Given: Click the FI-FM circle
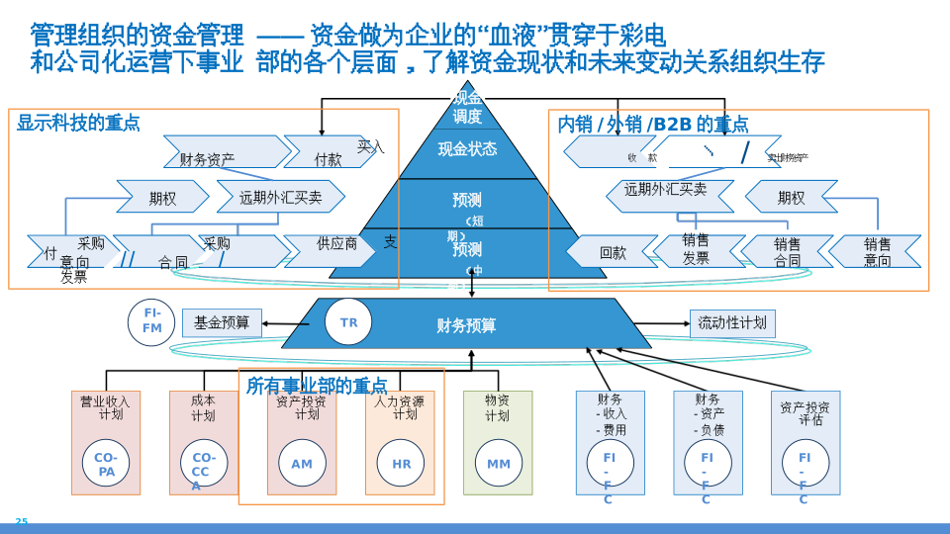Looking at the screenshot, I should pos(151,321).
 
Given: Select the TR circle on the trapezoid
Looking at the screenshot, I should pos(348,322).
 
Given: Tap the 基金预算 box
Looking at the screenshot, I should pos(222,322).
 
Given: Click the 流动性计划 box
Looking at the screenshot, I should pos(732,323).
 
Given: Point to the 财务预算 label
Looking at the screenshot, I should pos(466,325).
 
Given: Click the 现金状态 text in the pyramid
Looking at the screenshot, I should pos(467,149).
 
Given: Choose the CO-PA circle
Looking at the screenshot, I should pos(106,464).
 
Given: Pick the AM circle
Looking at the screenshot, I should pos(302,464).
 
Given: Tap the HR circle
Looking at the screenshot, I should pos(401,464).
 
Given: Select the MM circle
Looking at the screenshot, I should pos(499,464).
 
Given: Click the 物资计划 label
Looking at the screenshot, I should pos(497,407).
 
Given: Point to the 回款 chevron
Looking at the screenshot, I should pos(613,252).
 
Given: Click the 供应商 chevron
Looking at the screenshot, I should pos(333,244).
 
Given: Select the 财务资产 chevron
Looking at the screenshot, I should pos(208,158).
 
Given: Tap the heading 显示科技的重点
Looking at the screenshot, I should pos(78,123).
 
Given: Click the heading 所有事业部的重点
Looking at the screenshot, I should pos(317,386).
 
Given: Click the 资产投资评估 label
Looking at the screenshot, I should pos(805,413).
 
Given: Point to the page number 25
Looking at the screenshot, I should pos(21,522).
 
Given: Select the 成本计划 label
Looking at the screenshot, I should pos(203,407).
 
